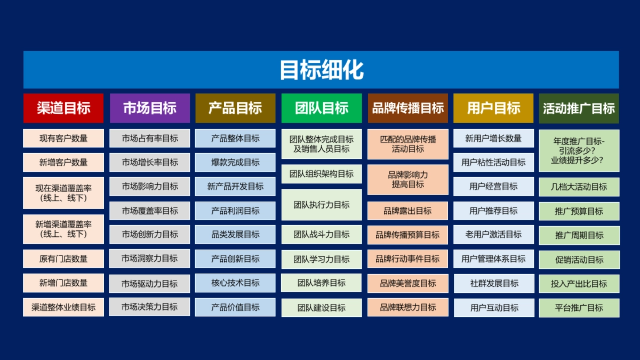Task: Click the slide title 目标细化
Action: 321,70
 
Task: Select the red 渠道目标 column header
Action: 63,108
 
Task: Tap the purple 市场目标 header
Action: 149,108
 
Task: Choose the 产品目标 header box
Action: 235,108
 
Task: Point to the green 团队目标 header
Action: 322,108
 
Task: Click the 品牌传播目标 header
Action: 408,108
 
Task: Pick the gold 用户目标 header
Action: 493,108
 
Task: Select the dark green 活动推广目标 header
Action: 579,108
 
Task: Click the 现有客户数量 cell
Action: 63,138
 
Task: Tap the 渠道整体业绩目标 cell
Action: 63,307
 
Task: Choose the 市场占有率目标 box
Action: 149,138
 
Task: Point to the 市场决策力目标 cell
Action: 149,307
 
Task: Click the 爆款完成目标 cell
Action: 235,162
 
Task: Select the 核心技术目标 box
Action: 235,283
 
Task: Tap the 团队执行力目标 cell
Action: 322,205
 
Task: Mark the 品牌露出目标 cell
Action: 408,211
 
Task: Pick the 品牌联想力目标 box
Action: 408,307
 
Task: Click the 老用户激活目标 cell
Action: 493,234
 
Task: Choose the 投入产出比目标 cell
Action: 579,284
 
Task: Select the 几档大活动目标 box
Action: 579,187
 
